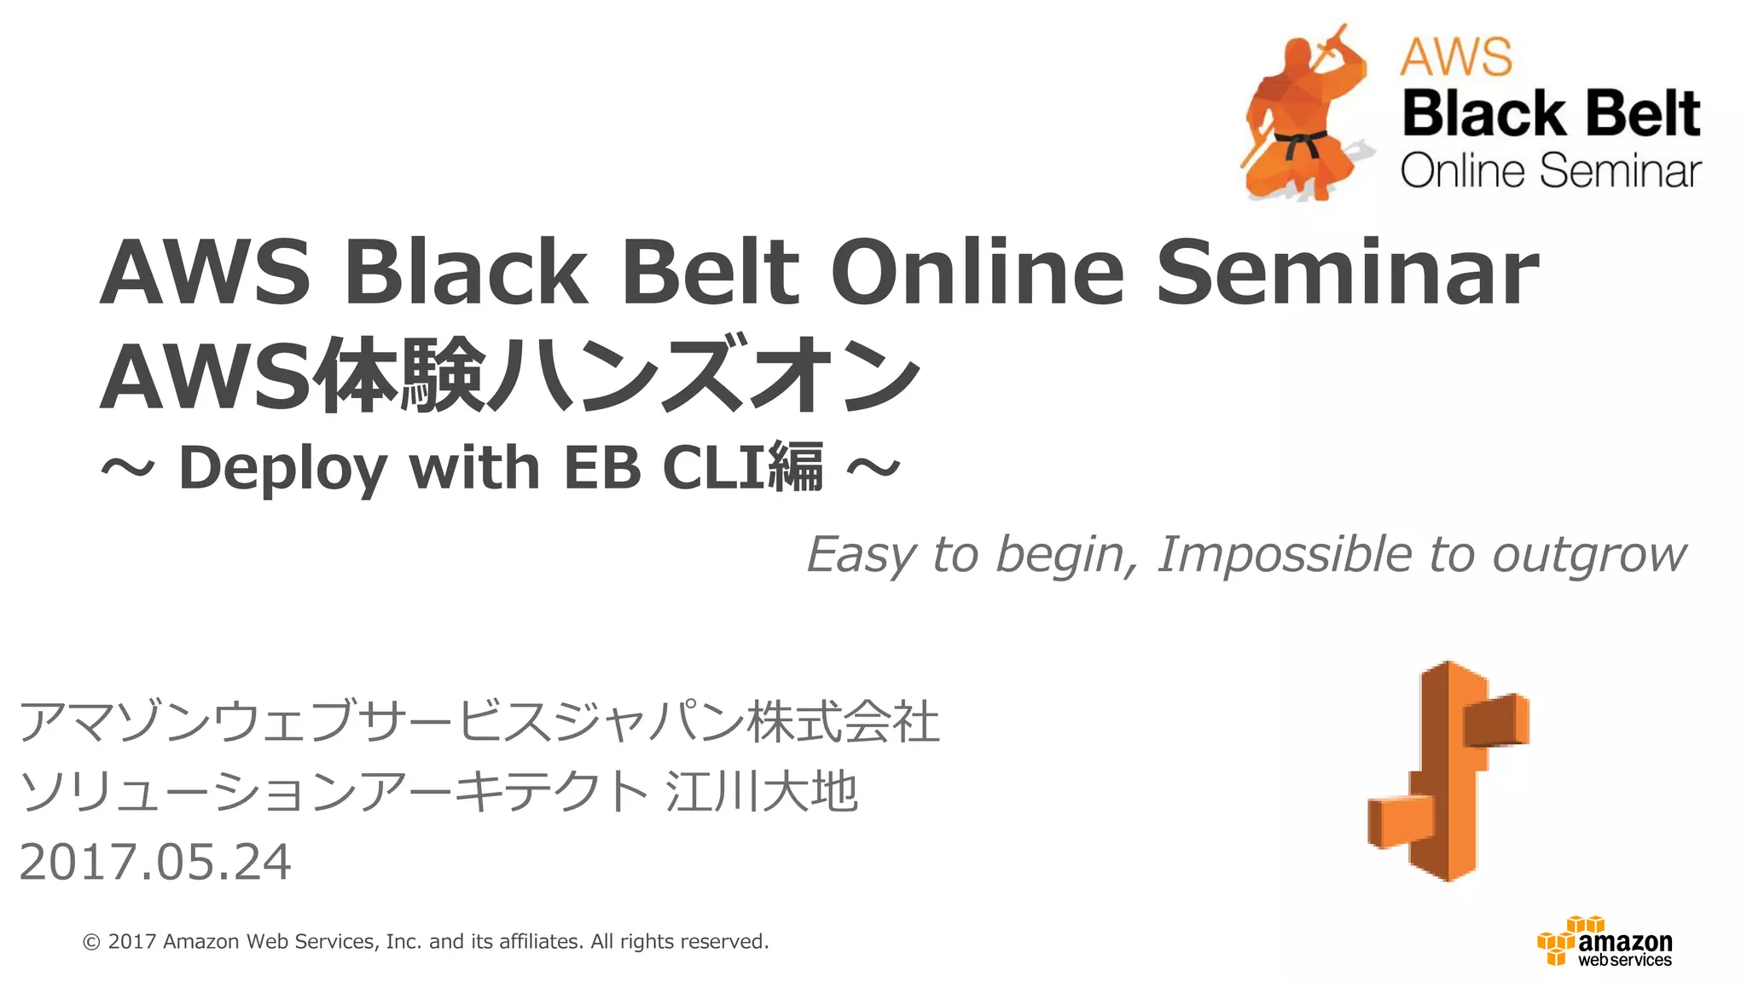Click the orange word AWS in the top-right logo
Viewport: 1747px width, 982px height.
tap(1456, 57)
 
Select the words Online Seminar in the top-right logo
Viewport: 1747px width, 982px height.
tap(1551, 170)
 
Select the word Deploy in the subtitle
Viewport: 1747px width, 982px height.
tap(282, 469)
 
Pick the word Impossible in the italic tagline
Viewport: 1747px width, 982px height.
tap(1284, 555)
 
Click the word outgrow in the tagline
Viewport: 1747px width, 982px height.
tap(1588, 557)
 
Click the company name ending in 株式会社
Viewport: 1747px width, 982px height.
tap(479, 721)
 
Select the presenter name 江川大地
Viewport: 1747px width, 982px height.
tap(761, 791)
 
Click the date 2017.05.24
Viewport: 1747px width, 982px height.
tap(155, 862)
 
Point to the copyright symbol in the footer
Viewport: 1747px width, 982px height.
tap(91, 942)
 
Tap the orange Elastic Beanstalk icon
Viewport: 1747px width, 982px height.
tap(1448, 771)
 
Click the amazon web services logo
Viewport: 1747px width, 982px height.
tap(1605, 943)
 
